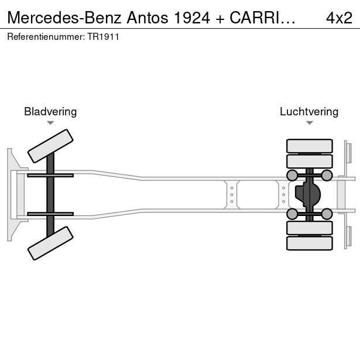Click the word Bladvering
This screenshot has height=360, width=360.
coord(50,112)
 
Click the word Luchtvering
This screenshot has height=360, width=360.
coord(309,112)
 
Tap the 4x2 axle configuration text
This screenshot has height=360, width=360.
coord(339,18)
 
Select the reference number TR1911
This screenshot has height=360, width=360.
coord(103,37)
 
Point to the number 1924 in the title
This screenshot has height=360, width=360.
coord(192,18)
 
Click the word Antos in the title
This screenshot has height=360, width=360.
coord(148,18)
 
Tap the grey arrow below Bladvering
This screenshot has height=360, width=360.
coord(50,123)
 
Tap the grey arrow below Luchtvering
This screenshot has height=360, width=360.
coord(310,123)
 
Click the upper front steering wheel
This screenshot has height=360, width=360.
coord(50,146)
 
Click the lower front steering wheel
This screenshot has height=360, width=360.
coord(50,243)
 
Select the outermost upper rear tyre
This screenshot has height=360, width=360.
coord(310,146)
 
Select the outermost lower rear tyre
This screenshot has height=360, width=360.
coord(310,243)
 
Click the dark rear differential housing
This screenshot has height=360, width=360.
coord(308,195)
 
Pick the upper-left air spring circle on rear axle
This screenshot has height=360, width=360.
coord(292,176)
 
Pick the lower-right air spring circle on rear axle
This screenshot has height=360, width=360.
coord(327,214)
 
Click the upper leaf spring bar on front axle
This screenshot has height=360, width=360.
coord(50,176)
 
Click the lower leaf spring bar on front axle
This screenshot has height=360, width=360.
coord(50,214)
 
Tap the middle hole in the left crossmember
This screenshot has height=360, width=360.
coord(232,195)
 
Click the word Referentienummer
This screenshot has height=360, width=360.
coord(46,37)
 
